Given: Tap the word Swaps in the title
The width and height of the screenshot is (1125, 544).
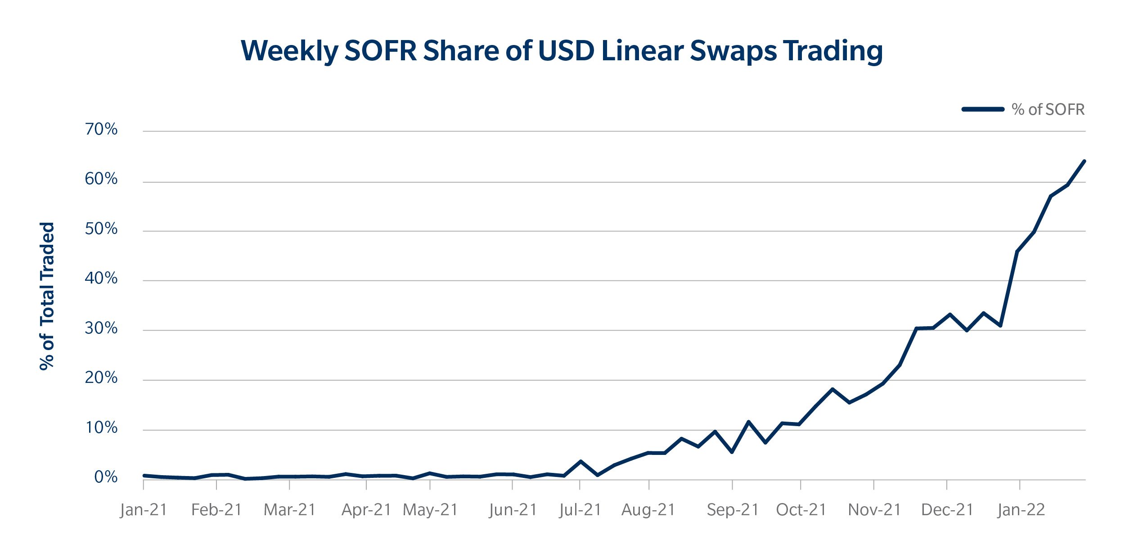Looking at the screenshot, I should click(733, 51).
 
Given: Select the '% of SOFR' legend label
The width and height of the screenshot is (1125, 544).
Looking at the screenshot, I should click(1048, 109).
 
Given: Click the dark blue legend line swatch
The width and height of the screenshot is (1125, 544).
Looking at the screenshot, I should click(982, 109).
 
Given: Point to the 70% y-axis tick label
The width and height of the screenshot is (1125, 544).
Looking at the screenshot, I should click(101, 130).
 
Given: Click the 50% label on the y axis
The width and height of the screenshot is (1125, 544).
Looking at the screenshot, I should click(101, 229).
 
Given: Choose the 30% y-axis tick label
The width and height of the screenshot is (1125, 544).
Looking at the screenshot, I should click(101, 328).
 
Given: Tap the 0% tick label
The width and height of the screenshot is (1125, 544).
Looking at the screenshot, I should click(106, 477).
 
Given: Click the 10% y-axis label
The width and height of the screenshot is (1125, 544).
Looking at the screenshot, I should click(101, 427).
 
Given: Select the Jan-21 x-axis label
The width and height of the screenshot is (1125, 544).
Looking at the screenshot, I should click(144, 510).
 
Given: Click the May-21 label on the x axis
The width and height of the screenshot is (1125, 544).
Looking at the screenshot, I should click(430, 510).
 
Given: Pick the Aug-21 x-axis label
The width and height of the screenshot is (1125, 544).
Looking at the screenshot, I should click(648, 510).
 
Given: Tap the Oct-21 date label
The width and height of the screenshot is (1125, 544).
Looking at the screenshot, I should click(801, 510).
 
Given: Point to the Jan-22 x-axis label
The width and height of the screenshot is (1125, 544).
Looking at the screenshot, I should click(1021, 510).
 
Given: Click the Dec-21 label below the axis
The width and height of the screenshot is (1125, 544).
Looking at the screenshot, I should click(947, 510).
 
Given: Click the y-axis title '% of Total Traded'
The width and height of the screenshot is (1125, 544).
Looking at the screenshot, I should click(47, 296).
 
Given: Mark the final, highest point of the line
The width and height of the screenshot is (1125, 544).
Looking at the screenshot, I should click(1084, 161).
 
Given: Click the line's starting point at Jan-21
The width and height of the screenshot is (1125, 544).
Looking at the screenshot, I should click(144, 476).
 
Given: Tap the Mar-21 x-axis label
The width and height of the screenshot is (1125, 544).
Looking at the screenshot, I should click(290, 510).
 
